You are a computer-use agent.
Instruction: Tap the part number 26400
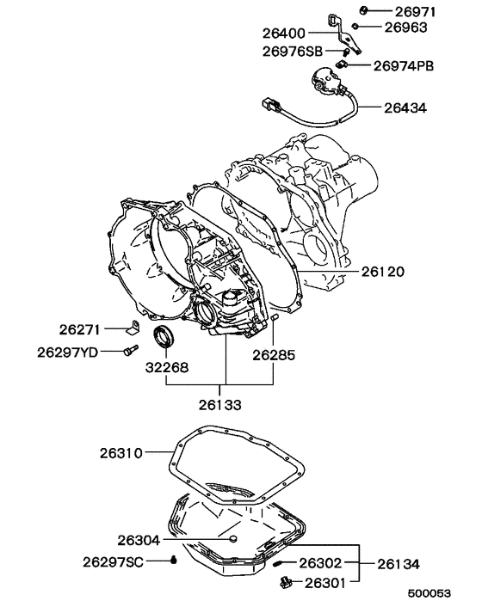[x=285, y=34]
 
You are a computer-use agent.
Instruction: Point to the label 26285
[x=273, y=353]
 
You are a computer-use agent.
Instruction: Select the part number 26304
[x=139, y=541]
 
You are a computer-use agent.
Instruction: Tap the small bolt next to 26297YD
[x=130, y=350]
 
